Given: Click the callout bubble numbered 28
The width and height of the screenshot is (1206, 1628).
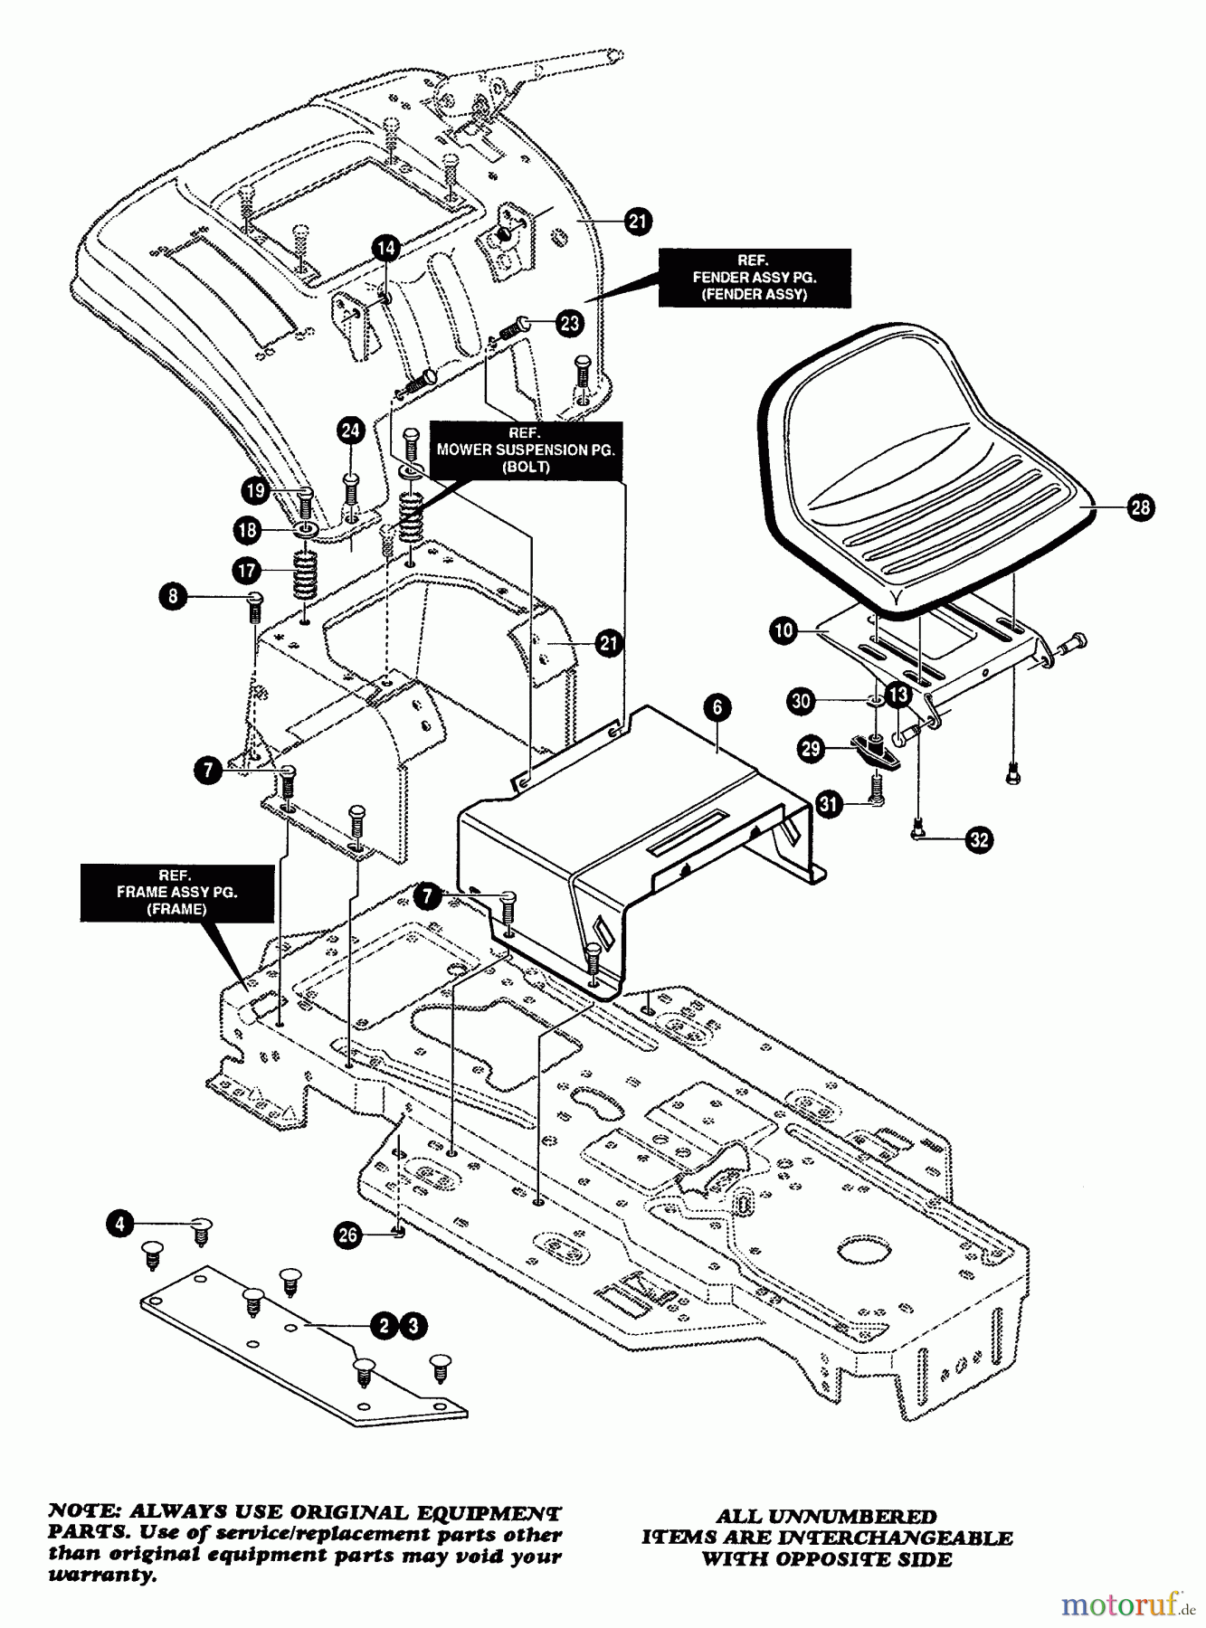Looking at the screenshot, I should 1140,506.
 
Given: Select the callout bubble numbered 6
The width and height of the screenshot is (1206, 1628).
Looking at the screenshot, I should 717,707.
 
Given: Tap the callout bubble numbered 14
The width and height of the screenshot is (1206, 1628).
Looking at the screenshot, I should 385,248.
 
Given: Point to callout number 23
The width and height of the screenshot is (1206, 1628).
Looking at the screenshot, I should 569,324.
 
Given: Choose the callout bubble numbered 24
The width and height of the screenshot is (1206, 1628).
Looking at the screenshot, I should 351,431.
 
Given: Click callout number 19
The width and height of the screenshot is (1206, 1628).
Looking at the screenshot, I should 256,490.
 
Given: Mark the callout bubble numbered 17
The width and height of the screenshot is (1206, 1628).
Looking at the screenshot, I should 246,571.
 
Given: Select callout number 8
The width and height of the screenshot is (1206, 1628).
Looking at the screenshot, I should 171,596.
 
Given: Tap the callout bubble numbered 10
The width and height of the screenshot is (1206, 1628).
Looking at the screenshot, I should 783,629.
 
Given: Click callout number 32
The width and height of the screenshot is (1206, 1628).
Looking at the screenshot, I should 979,840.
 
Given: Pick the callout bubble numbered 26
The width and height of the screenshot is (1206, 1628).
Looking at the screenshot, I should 348,1235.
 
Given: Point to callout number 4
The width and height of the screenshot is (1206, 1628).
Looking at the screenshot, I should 119,1224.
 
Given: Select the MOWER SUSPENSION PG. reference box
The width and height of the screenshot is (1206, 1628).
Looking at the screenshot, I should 525,450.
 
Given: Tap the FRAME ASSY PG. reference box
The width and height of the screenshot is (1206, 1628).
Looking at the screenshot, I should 176,893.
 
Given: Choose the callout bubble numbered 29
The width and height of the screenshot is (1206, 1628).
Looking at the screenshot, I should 810,748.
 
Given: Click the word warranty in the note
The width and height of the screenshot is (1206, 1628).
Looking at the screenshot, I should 100,1575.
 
